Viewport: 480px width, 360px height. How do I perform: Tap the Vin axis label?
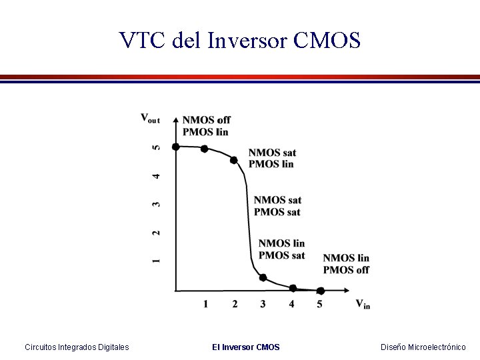(x=363, y=305)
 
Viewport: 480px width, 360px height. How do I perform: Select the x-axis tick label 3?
(x=263, y=305)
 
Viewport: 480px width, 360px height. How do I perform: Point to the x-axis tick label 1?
(x=205, y=305)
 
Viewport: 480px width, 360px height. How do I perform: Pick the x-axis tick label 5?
(x=319, y=305)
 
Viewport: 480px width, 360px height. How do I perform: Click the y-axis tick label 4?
(x=156, y=176)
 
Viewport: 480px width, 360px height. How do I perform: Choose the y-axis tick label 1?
(x=156, y=260)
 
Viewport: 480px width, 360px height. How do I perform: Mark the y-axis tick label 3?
(x=156, y=204)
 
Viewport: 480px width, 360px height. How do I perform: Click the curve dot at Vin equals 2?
(x=233, y=160)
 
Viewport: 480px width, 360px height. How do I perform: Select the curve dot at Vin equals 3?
(x=263, y=277)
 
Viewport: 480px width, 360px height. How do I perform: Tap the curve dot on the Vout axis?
(x=175, y=147)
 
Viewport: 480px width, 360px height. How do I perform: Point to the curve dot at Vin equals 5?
(x=320, y=291)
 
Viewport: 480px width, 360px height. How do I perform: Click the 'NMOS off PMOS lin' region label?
(x=207, y=126)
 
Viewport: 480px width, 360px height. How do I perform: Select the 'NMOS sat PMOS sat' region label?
(x=277, y=206)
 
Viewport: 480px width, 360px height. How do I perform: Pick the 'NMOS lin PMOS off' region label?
(x=346, y=264)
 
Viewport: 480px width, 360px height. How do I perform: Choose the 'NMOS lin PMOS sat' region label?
(x=281, y=249)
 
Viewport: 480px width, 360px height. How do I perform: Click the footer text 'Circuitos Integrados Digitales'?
(x=77, y=347)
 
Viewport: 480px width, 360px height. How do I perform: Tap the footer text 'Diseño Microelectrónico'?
(x=423, y=347)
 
